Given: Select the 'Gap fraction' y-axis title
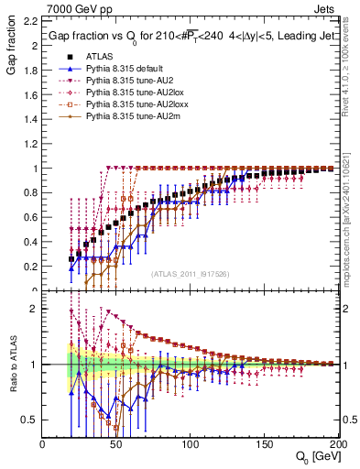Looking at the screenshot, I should pos(11,60).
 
